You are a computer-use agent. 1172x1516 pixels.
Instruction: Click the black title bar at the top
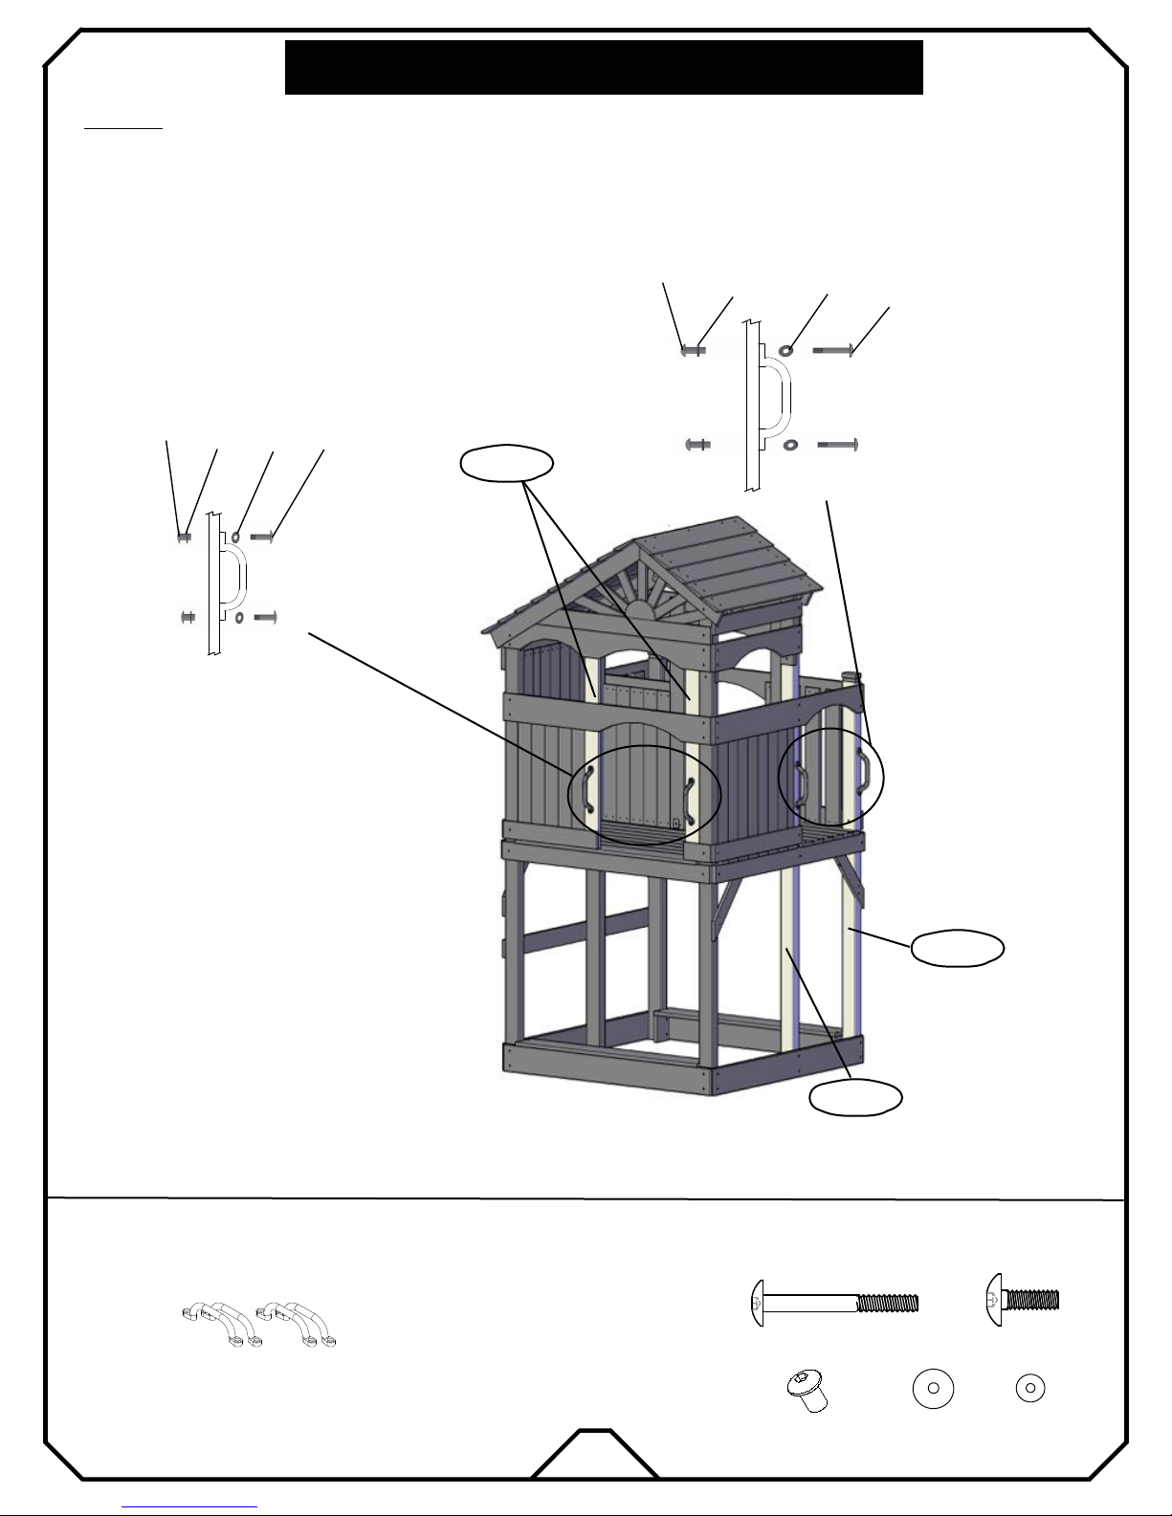603,67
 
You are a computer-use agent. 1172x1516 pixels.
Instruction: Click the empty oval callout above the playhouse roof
506,463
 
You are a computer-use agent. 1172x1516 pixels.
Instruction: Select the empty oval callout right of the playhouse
957,948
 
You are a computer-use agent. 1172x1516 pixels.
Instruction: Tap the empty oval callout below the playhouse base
855,1097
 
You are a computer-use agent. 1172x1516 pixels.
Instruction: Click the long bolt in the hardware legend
834,1303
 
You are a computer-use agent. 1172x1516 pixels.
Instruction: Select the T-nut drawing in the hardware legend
807,1389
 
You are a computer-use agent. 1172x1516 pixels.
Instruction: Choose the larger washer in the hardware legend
933,1389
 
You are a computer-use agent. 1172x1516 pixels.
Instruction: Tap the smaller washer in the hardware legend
1029,1389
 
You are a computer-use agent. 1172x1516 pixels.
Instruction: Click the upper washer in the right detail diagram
786,351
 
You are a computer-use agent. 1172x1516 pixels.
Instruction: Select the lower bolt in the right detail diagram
837,445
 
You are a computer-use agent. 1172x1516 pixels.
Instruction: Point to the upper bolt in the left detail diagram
262,538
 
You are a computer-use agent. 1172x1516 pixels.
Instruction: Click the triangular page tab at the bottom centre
594,1457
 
